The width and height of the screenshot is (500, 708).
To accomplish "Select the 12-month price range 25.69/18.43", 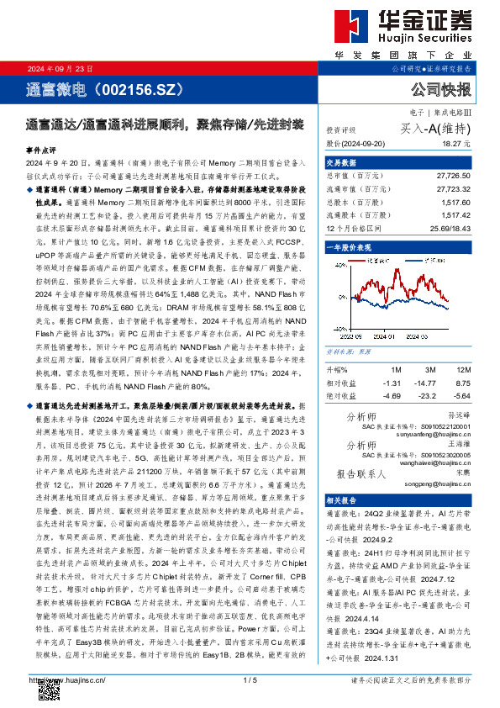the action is tap(450, 228).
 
